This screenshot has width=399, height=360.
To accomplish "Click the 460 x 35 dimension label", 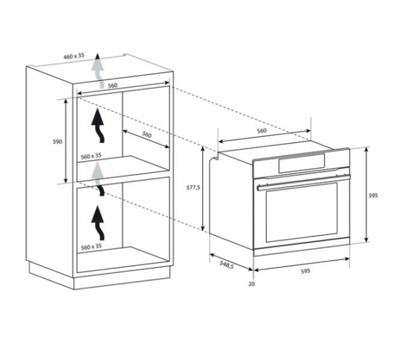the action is (74, 56).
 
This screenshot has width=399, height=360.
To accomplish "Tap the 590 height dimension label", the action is (57, 141).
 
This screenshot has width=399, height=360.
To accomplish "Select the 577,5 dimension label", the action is (194, 187).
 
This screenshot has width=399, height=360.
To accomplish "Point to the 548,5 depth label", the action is (226, 264).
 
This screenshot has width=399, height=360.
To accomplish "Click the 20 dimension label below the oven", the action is (251, 284).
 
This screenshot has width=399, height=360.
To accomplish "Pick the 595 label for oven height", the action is (373, 195).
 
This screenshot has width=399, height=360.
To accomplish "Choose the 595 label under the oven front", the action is (306, 271).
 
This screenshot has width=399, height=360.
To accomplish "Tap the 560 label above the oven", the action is (261, 131).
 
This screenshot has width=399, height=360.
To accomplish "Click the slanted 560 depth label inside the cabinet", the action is (146, 134).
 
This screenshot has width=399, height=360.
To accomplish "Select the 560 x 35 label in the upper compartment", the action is (91, 156).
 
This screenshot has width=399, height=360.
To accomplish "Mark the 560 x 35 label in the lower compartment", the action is (91, 246).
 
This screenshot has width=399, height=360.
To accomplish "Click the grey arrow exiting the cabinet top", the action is (98, 70).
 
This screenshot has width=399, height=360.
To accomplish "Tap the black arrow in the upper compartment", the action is (98, 126).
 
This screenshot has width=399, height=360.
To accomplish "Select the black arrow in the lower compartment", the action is (98, 223).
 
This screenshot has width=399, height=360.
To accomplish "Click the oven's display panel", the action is (301, 163).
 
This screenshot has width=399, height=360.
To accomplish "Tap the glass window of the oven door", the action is (302, 213).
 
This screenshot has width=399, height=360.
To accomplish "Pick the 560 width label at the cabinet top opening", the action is (112, 86).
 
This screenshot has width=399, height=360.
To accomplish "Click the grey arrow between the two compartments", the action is (98, 179).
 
